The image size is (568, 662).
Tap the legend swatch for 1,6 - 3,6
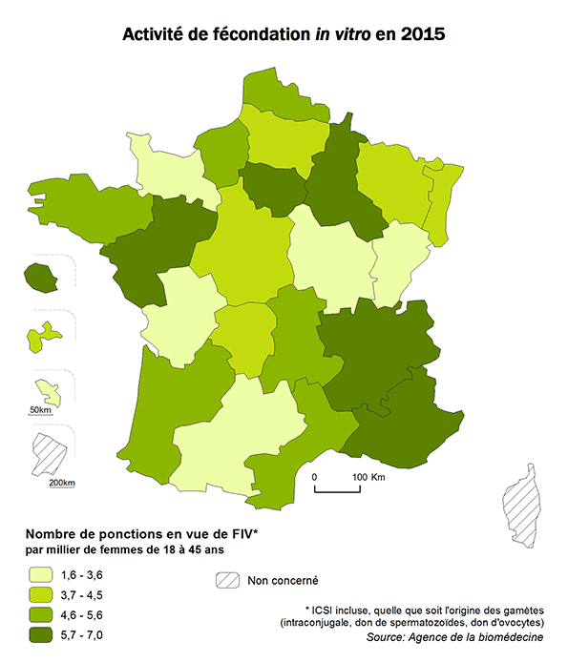39,575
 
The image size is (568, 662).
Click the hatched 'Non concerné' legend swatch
226,580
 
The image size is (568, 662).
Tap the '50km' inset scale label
40,410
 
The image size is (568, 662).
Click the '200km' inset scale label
61,483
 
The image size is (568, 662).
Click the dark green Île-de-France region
273,186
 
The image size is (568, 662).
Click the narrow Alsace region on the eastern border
440,205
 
